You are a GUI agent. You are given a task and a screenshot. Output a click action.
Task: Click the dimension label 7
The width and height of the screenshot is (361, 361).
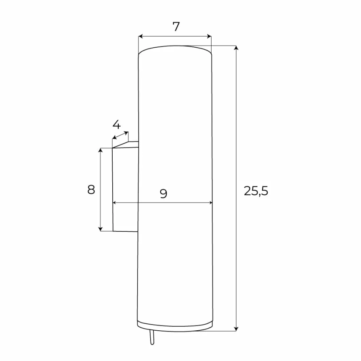click(176, 27)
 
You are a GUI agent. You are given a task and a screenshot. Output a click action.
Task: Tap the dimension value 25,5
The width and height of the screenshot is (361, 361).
click(256, 191)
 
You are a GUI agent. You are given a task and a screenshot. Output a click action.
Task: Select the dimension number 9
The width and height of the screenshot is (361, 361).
click(164, 194)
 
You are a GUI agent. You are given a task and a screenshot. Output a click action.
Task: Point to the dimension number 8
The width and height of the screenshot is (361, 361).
click(91, 190)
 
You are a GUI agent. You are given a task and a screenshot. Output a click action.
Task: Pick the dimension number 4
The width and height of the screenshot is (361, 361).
click(116, 124)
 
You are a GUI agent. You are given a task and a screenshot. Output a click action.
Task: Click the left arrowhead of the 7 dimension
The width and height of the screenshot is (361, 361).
click(141, 36)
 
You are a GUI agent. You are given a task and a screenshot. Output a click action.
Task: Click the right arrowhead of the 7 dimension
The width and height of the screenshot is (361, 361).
click(209, 36)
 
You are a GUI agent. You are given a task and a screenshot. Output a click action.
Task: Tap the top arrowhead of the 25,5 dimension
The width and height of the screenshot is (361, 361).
click(236, 48)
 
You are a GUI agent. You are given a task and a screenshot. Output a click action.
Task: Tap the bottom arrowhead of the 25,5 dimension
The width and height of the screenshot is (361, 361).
click(236, 329)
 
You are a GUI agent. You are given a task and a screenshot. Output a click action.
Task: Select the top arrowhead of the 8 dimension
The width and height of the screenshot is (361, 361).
click(100, 150)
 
